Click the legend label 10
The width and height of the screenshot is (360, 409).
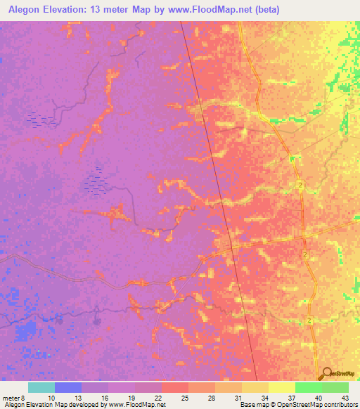(51, 398)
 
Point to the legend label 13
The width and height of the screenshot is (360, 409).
(78, 398)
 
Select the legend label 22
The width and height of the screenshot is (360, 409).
(158, 398)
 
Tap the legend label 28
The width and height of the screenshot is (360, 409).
(212, 398)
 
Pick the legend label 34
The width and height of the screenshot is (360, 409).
(265, 398)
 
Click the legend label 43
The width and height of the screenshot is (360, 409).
(345, 398)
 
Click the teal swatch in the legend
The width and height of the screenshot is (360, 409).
(41, 387)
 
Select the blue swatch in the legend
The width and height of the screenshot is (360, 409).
(68, 387)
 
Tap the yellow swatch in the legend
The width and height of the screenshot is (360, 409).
(282, 387)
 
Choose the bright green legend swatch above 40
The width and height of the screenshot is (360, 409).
(309, 387)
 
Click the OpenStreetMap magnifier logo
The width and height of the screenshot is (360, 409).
(328, 375)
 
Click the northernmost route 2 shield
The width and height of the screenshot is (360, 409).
(300, 184)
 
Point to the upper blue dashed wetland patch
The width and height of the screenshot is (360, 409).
(40, 119)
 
